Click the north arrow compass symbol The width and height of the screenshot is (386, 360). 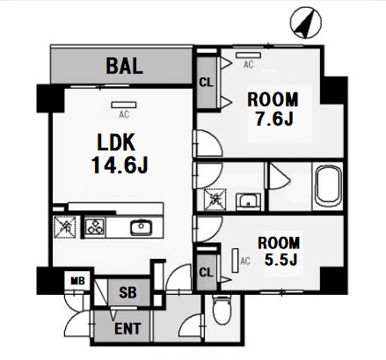306,23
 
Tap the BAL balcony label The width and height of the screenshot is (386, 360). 125,66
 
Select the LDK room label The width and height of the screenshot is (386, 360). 116,143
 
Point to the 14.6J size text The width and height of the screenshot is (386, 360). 120,165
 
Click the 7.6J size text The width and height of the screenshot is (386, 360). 274,119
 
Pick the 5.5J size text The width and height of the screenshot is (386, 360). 280,259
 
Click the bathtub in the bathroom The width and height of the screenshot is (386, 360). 328,185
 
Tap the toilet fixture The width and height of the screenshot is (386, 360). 222,310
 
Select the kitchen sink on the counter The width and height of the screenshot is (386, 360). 142,227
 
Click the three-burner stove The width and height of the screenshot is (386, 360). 95,227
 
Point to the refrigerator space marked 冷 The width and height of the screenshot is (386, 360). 65,227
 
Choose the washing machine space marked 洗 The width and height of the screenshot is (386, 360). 215,200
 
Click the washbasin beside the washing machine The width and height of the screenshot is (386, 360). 249,202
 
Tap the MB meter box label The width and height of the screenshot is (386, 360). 77,281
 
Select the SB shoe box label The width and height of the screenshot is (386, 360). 127,292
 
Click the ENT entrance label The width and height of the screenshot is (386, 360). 127,328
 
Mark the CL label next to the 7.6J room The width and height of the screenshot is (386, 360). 206,83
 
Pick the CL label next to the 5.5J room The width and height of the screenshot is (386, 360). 206,273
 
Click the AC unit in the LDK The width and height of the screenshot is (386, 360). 124,105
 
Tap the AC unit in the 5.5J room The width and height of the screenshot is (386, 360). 235,261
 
